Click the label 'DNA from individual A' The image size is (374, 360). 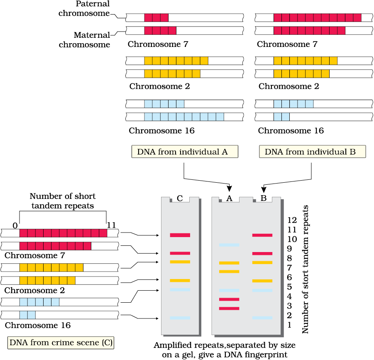[x=185, y=152]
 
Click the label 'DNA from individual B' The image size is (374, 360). [x=312, y=152]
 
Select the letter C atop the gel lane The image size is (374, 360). [x=180, y=198]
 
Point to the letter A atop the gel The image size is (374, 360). [x=229, y=198]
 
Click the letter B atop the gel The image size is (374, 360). [x=264, y=198]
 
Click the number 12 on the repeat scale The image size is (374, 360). [x=292, y=220]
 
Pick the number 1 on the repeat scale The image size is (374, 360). [x=289, y=325]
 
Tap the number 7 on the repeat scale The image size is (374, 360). [x=289, y=268]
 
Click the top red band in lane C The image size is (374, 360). [x=180, y=235]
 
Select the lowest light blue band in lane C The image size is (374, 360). [x=180, y=318]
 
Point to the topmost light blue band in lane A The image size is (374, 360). [x=229, y=245]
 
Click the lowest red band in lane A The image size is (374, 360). [x=229, y=308]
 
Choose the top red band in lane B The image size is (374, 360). [x=262, y=235]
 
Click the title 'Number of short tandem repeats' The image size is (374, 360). [x=62, y=201]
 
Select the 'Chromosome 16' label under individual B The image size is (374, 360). [x=291, y=131]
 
